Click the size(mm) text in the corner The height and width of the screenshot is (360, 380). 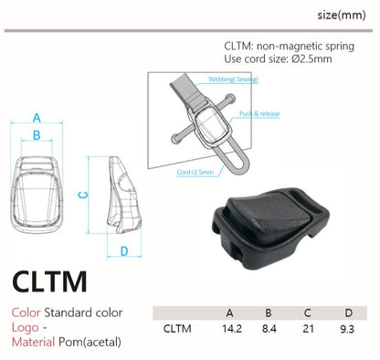point(342,15)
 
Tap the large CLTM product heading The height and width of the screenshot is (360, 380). point(49,281)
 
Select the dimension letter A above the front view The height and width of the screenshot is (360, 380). point(37,118)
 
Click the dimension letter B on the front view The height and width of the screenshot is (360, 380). point(37,135)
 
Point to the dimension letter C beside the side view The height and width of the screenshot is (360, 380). point(83,195)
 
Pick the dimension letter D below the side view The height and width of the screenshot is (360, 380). point(124,251)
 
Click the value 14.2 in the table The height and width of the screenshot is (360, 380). point(232,329)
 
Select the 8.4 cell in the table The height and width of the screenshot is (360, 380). point(269,329)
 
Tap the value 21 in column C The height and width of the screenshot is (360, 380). point(308,329)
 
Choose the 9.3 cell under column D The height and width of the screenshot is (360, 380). point(347,329)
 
